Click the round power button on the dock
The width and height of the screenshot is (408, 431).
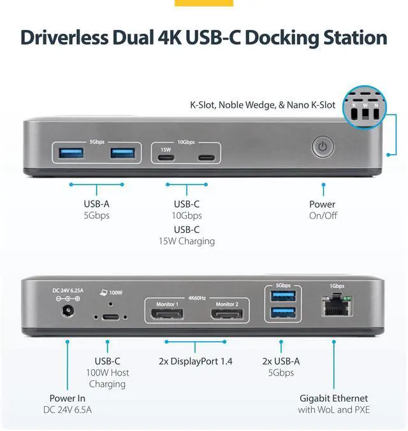[x=323, y=147]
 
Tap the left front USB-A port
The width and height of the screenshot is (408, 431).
[x=70, y=153]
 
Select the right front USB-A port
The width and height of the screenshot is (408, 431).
[x=122, y=153]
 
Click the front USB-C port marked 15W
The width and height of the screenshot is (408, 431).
[x=166, y=158]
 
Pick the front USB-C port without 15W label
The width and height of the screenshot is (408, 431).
[x=206, y=158]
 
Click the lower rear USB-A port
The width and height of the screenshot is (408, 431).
[x=281, y=313]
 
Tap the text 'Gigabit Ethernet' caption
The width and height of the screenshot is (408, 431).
[x=333, y=398]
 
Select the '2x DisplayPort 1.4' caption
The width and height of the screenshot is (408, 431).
[x=196, y=361]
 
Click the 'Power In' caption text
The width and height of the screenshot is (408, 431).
[x=67, y=398]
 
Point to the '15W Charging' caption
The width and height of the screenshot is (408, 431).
[x=187, y=241]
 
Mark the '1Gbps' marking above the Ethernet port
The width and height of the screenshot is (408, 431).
[x=336, y=285]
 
